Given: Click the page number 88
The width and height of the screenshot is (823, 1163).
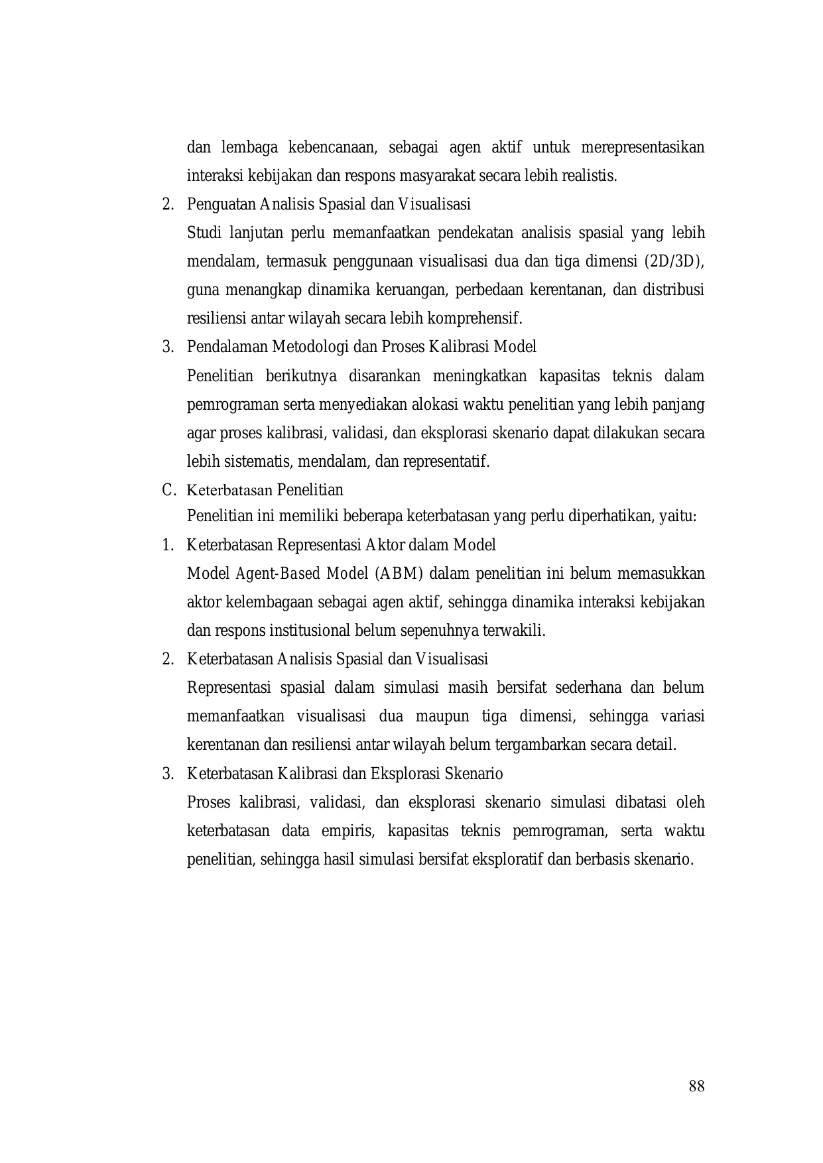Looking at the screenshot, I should [696, 1086].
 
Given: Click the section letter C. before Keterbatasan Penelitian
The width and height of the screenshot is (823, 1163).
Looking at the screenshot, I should [168, 490].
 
